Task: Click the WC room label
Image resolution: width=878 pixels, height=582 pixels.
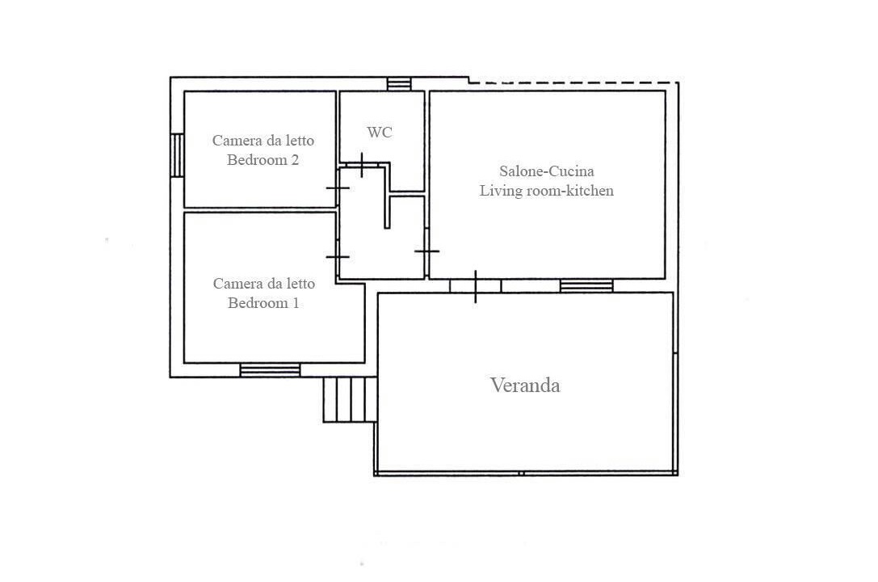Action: tap(379, 133)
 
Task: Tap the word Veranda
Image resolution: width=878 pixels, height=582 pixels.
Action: tap(525, 386)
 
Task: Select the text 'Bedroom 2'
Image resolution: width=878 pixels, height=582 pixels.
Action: tap(263, 160)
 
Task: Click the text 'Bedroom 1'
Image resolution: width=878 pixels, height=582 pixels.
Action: tap(263, 303)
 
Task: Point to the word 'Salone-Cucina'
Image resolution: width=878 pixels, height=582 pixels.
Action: tap(547, 171)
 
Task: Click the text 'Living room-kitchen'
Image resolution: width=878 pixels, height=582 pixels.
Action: tap(547, 191)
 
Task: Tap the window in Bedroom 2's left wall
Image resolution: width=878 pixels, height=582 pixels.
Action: tap(177, 155)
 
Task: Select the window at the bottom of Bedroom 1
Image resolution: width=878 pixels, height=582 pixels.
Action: tap(270, 369)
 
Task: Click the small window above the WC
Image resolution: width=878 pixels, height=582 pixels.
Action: tap(399, 84)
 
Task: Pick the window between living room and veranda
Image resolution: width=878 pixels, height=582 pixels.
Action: tap(587, 285)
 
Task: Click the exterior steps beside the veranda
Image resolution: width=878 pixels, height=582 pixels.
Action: tap(350, 399)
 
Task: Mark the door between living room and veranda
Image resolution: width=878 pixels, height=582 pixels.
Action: tap(476, 286)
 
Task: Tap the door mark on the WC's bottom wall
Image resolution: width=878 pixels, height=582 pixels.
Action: tap(362, 165)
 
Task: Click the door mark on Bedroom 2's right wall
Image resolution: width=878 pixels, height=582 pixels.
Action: tap(338, 188)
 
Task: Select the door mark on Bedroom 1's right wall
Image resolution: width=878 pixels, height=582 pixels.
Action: tap(338, 257)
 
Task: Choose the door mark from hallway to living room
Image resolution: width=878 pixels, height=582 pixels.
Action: tap(426, 251)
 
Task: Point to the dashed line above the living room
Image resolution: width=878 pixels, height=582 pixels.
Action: tap(573, 83)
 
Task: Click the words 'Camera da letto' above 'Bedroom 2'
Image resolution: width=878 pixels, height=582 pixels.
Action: tap(263, 141)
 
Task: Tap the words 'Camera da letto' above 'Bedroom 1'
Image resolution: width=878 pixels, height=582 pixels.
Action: tap(264, 284)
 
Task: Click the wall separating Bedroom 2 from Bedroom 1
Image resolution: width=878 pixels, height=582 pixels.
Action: tap(260, 210)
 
